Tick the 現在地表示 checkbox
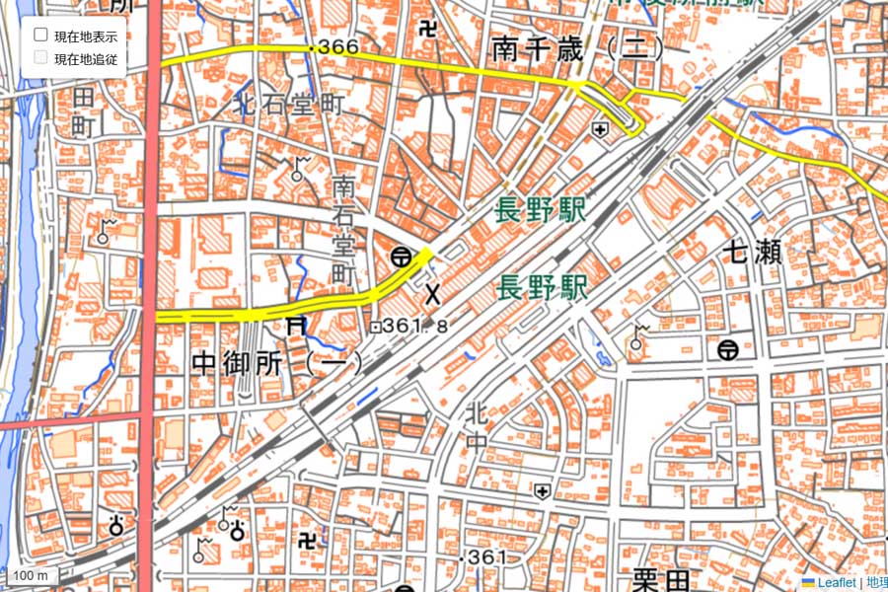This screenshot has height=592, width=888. click(41, 35)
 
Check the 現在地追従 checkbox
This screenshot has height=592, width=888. click(41, 57)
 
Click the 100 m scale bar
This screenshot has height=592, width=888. click(30, 575)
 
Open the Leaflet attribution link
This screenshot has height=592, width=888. click(828, 583)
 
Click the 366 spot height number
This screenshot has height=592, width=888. click(338, 46)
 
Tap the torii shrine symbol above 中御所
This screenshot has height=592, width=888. click(294, 327)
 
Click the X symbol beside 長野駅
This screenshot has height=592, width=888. click(432, 293)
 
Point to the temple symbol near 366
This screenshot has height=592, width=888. click(426, 32)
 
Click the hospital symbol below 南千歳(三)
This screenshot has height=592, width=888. click(600, 129)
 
